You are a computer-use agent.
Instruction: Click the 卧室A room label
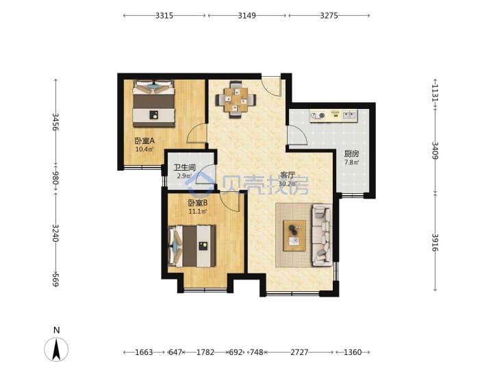144,141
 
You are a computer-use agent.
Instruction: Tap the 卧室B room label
198,203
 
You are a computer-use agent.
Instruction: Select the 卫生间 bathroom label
185,167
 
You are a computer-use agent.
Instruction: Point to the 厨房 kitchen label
351,154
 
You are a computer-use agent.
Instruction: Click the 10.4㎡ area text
144,149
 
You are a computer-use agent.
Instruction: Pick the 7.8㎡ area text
352,162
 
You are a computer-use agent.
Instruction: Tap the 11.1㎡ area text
198,212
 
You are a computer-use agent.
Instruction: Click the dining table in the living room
236,99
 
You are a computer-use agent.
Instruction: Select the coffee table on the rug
294,236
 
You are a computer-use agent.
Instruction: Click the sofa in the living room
322,235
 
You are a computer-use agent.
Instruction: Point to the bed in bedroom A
153,103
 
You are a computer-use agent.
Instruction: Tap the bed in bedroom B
192,246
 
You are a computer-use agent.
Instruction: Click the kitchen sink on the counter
350,116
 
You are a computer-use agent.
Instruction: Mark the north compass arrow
56,349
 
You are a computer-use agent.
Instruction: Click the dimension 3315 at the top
164,15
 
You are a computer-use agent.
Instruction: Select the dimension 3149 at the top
246,15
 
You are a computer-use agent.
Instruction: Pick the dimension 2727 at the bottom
299,352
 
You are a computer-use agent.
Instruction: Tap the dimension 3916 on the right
435,243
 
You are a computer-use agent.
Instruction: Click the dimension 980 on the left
55,177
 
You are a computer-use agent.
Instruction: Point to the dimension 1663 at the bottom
144,352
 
